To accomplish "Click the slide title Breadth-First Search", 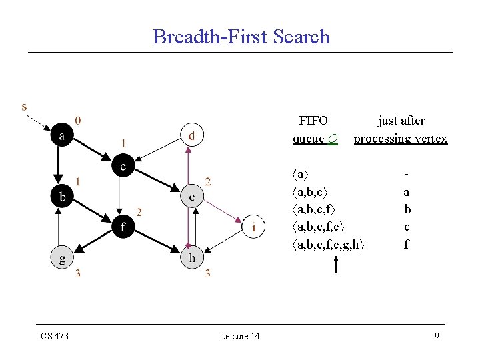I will (x=241, y=36).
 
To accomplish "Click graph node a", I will (x=63, y=136).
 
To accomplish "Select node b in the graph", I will (x=62, y=197).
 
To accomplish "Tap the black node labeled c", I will (x=123, y=165).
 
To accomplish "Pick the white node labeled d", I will (x=192, y=135).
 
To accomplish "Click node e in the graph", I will (x=191, y=197).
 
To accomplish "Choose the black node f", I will (x=122, y=227).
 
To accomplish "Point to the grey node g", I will (x=63, y=258).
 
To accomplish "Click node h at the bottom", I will (x=192, y=257).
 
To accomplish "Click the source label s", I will (x=25, y=107).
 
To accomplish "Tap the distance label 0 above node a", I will (x=79, y=121).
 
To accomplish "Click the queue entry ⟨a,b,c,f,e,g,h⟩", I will (x=329, y=245).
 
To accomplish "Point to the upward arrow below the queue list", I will (x=335, y=265).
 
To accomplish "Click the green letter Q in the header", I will (x=333, y=139).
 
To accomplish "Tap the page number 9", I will (x=437, y=336).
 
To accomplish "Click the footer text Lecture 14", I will (x=239, y=336).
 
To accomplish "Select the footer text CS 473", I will (x=55, y=336).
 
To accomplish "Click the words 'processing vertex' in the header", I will (x=401, y=139).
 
